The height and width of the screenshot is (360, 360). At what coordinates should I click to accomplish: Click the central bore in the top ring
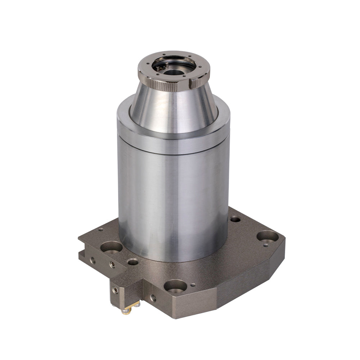pos(174,72)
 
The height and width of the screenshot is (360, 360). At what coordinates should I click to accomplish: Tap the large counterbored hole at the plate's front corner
pos(175,286)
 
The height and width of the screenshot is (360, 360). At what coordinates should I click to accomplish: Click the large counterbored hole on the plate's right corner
pos(267,236)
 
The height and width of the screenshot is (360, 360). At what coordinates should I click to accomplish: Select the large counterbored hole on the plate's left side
pos(111,247)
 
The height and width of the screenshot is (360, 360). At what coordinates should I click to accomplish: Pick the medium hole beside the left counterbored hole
pos(133,262)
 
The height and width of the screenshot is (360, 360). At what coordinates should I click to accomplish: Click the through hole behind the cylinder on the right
pos(235,219)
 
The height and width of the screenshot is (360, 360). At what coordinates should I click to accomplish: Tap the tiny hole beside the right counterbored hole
pos(265,246)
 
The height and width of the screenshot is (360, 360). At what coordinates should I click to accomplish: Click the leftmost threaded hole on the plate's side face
pos(93,259)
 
